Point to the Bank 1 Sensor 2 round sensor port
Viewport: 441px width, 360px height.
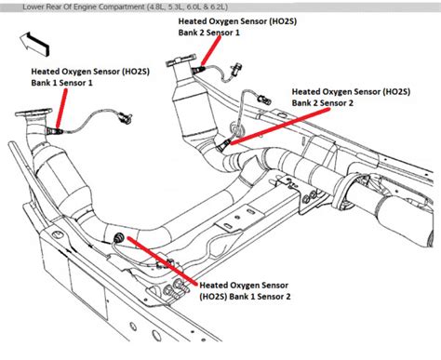pos(119,240)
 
